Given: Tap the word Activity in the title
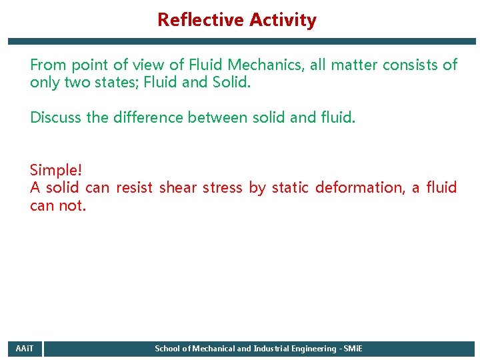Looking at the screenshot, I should (283, 20).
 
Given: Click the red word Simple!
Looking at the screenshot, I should (56, 170).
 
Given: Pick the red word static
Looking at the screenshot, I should (290, 188).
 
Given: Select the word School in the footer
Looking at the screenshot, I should (167, 349).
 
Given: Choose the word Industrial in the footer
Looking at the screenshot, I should (273, 349).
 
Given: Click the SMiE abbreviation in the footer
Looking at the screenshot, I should (353, 349).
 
